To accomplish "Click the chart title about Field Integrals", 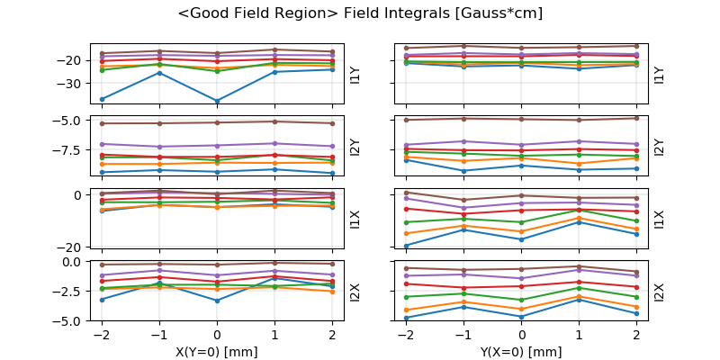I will tap(360, 13).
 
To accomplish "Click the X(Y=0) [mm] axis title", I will tap(217, 352).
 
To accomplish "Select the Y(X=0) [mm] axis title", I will tap(521, 352).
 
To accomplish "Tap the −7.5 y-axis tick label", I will tap(68, 150).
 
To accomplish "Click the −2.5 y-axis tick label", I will tap(68, 292).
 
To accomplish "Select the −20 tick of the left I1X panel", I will tap(72, 247).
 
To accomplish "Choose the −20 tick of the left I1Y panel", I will tap(72, 60).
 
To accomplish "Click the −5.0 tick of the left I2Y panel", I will tap(68, 121).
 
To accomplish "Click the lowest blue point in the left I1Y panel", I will tap(217, 102).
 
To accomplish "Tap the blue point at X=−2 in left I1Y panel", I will tap(102, 99).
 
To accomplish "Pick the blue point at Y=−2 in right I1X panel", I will tap(406, 246).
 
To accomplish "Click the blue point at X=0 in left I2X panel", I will tap(217, 301).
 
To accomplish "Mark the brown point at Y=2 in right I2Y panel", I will tap(636, 118).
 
